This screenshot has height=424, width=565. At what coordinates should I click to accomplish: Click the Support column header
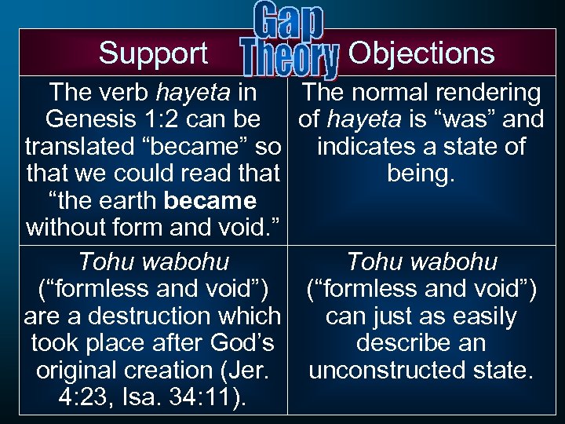coord(153,53)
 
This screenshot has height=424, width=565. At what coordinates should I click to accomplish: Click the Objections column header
coord(421,53)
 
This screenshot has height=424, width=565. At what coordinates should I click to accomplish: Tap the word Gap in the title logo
coord(290,22)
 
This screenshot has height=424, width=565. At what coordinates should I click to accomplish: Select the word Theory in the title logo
coord(290,60)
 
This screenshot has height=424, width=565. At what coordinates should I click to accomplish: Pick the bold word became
coord(210,200)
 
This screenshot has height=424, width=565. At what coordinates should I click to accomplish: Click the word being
coord(421,174)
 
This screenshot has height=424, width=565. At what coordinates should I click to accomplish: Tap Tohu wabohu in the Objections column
coord(421,262)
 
